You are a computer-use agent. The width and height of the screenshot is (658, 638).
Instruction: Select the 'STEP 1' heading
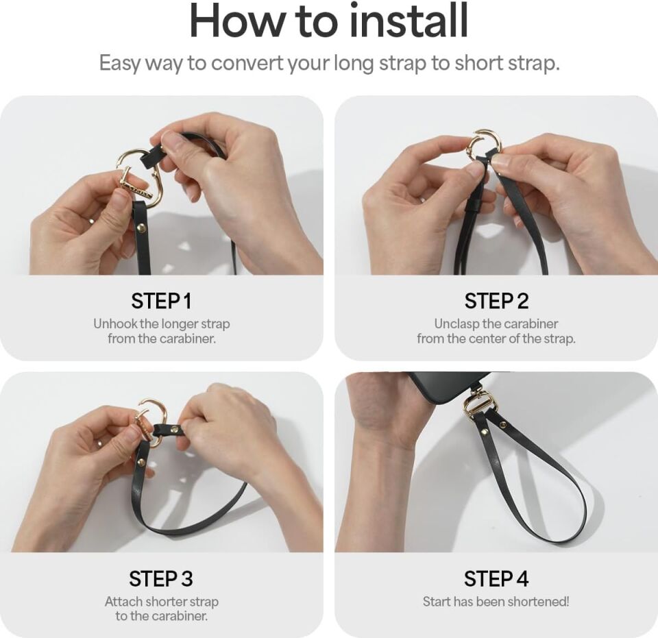pyautogui.click(x=162, y=301)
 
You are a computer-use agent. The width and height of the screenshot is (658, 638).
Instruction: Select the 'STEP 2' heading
pyautogui.click(x=496, y=301)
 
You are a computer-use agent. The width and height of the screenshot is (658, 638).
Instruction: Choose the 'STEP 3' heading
pyautogui.click(x=162, y=578)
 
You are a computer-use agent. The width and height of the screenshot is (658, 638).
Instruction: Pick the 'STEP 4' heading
pyautogui.click(x=496, y=578)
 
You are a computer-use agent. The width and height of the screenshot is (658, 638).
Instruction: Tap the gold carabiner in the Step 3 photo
pyautogui.click(x=151, y=419)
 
